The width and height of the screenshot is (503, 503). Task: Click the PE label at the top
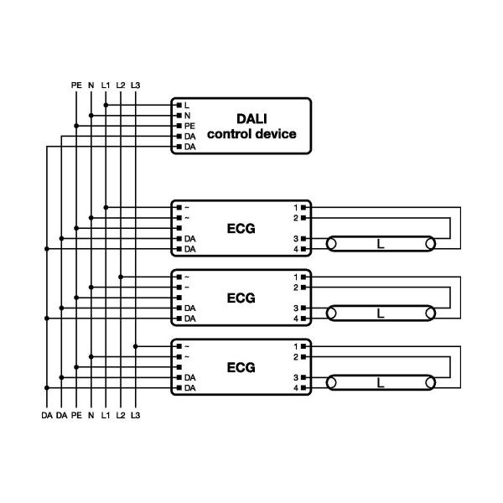click(75, 85)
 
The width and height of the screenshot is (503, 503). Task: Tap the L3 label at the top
click(137, 85)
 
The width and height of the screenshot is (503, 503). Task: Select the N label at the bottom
click(91, 415)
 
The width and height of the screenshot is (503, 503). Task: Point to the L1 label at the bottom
click(106, 415)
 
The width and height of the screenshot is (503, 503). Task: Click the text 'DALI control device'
click(251, 127)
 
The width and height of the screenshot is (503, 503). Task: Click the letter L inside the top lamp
click(381, 245)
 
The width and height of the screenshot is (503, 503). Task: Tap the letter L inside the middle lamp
click(381, 314)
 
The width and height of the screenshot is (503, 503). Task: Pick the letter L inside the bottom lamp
click(381, 384)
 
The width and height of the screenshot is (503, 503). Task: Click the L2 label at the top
click(121, 85)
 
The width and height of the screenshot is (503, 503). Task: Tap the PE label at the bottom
click(75, 415)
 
